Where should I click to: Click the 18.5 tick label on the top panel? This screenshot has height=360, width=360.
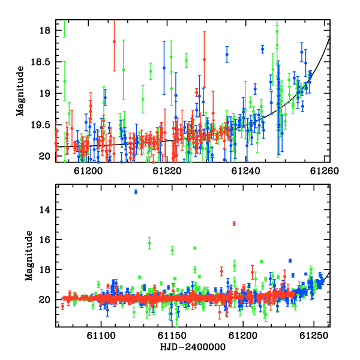40,62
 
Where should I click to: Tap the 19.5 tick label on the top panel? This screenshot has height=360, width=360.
40,125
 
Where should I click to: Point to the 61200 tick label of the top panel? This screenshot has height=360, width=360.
88,171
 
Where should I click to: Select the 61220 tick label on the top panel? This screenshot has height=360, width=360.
167,171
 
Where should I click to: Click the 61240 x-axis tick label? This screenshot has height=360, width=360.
245,171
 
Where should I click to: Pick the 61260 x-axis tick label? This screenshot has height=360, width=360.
325,171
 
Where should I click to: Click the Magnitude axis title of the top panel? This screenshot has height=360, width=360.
20,91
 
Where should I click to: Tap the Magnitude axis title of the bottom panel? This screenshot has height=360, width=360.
29,256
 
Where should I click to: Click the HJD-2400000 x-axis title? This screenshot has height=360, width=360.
193,347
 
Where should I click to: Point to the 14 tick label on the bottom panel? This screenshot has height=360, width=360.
44,210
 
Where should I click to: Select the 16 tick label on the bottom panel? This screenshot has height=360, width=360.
44,239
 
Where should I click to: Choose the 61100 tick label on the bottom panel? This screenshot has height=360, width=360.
101,335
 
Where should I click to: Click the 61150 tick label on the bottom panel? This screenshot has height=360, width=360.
172,335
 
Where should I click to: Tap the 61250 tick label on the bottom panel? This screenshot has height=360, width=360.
314,335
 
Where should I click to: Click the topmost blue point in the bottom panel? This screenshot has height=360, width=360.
136,192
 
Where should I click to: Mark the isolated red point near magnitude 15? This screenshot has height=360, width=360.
234,223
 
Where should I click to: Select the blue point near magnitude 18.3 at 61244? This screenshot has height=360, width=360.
262,49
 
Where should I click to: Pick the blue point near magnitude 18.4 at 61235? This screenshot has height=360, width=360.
227,55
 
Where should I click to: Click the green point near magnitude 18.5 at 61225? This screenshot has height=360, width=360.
186,61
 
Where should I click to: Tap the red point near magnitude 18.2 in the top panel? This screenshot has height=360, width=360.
114,41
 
